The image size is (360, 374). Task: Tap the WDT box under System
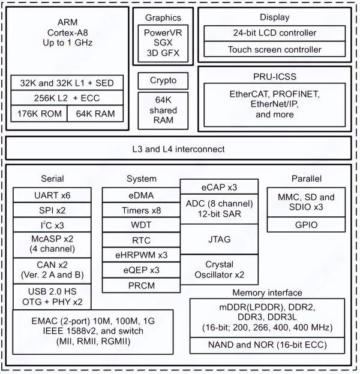(x=141, y=225)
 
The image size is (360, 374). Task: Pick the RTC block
(x=141, y=240)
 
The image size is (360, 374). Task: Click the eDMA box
(x=141, y=195)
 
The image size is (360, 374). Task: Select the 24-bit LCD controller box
(x=275, y=34)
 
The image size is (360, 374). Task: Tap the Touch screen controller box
(x=275, y=49)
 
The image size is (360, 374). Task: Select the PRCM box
(x=141, y=285)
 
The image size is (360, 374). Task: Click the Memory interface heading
(x=267, y=292)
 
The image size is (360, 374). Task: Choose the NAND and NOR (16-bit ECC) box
(x=267, y=346)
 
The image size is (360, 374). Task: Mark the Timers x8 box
(x=141, y=210)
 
